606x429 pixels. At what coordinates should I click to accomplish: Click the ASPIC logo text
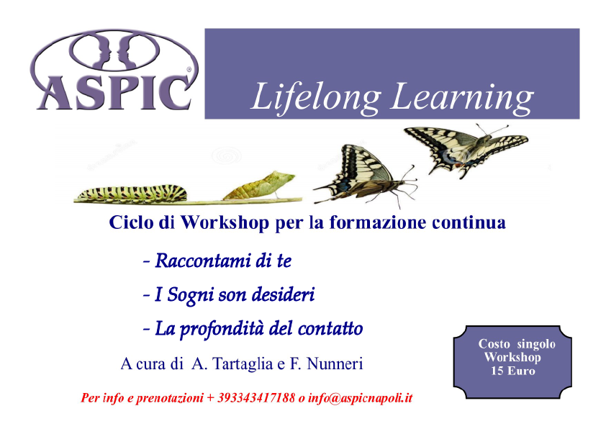coord(114,93)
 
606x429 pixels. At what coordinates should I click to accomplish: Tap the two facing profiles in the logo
coord(114,51)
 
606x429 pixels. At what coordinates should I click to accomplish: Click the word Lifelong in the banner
coord(315,97)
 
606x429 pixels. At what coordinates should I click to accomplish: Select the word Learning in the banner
coord(463,97)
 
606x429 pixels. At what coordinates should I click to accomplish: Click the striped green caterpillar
coord(132,193)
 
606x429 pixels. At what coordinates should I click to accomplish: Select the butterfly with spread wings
coord(466,150)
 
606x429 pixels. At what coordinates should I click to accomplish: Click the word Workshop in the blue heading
coord(225,223)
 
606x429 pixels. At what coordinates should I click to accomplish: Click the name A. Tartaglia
coord(232,363)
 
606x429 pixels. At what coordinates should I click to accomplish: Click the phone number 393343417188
coord(255,398)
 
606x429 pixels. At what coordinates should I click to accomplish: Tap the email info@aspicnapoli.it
coord(360,398)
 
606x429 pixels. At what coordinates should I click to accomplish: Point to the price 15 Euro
coord(513,371)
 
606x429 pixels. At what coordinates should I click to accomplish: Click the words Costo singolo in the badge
coord(517,343)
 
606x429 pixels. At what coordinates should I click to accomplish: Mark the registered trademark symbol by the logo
coord(189,70)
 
